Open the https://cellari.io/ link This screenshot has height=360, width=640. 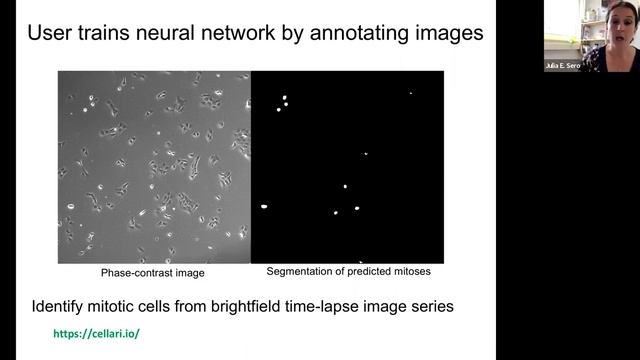pyautogui.click(x=96, y=332)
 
